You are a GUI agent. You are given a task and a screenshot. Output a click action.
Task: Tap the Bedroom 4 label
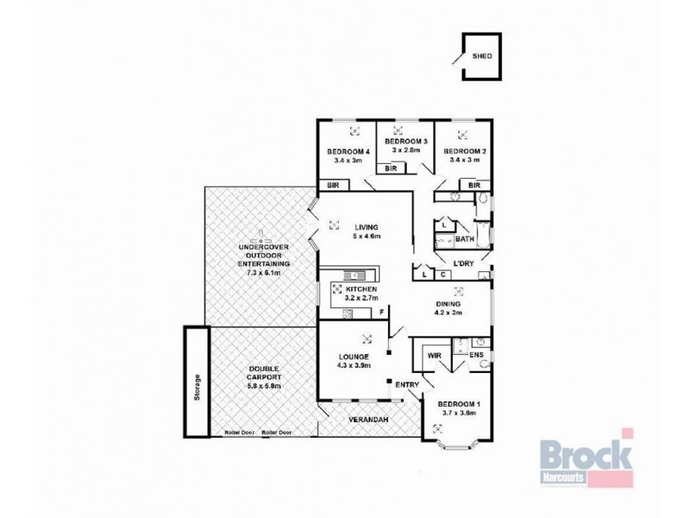pyautogui.click(x=348, y=153)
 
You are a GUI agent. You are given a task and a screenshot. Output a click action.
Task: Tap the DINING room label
pyautogui.click(x=448, y=304)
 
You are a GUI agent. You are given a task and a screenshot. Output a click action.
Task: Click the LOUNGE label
pyautogui.click(x=354, y=356)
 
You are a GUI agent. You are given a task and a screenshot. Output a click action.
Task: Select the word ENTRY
pyautogui.click(x=407, y=385)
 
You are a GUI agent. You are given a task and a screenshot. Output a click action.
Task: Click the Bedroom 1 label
pyautogui.click(x=457, y=404)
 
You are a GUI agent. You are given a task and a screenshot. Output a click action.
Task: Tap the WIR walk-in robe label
pyautogui.click(x=435, y=354)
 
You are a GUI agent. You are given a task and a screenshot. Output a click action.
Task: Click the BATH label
pyautogui.click(x=465, y=239)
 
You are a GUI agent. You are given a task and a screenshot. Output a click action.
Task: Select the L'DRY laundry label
pyautogui.click(x=455, y=261)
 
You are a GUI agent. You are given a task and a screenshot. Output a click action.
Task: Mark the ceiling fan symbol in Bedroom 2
pyautogui.click(x=463, y=133)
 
